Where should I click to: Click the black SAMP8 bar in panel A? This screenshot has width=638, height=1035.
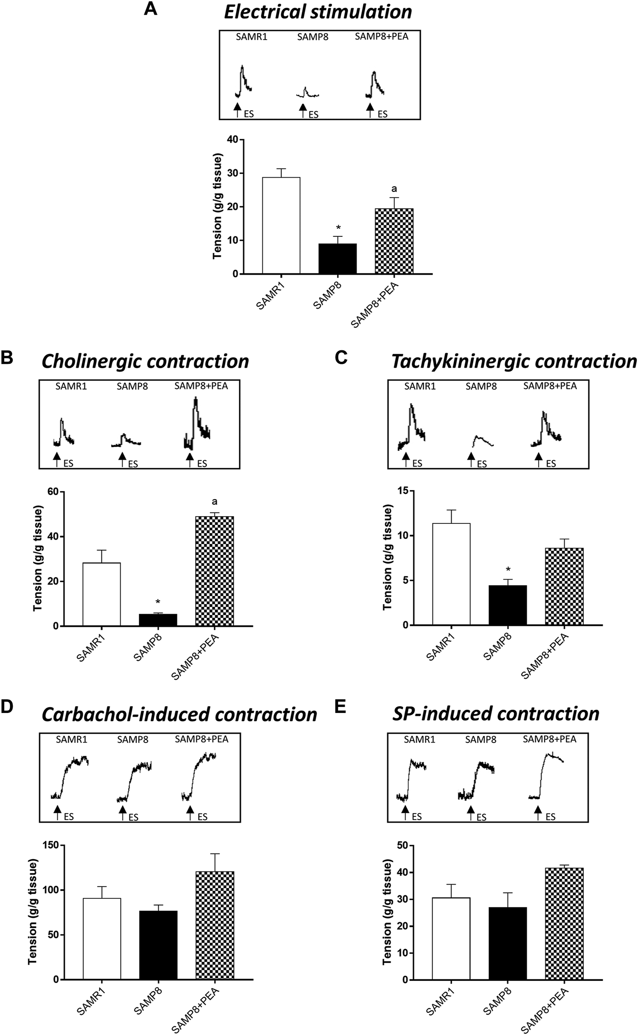pyautogui.click(x=337, y=259)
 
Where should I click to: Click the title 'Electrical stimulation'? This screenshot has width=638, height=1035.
pyautogui.click(x=318, y=12)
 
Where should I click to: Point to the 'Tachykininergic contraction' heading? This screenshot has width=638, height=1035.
pyautogui.click(x=514, y=361)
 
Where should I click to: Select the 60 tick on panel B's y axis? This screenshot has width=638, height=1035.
pyautogui.click(x=54, y=492)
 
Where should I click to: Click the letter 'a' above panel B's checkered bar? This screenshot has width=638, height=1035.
pyautogui.click(x=214, y=502)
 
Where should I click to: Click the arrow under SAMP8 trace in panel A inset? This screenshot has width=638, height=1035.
pyautogui.click(x=302, y=110)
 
